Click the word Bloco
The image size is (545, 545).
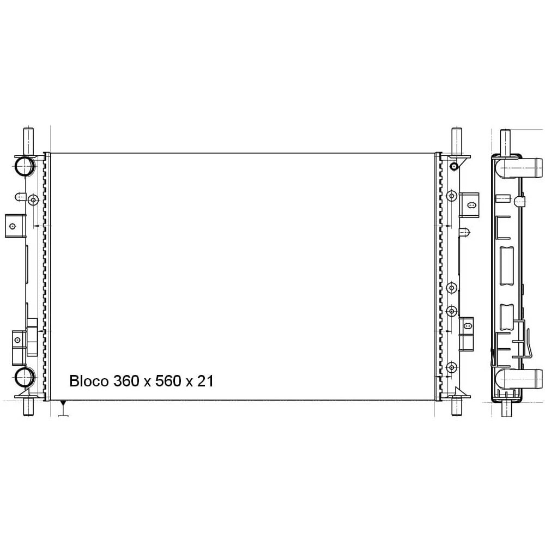coord(89,381)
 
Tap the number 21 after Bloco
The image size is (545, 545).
coord(205,381)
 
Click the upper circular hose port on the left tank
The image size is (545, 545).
coord(24,167)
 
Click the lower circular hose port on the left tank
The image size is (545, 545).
coord(24,377)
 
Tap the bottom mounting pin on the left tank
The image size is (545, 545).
coord(28,406)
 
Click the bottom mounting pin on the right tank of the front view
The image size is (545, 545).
coord(456,406)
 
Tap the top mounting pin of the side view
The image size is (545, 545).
coord(505,139)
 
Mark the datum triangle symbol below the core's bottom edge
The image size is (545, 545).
coord(63,405)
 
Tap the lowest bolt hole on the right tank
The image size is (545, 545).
coord(451,366)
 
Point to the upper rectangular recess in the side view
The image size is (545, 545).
coord(506,265)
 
